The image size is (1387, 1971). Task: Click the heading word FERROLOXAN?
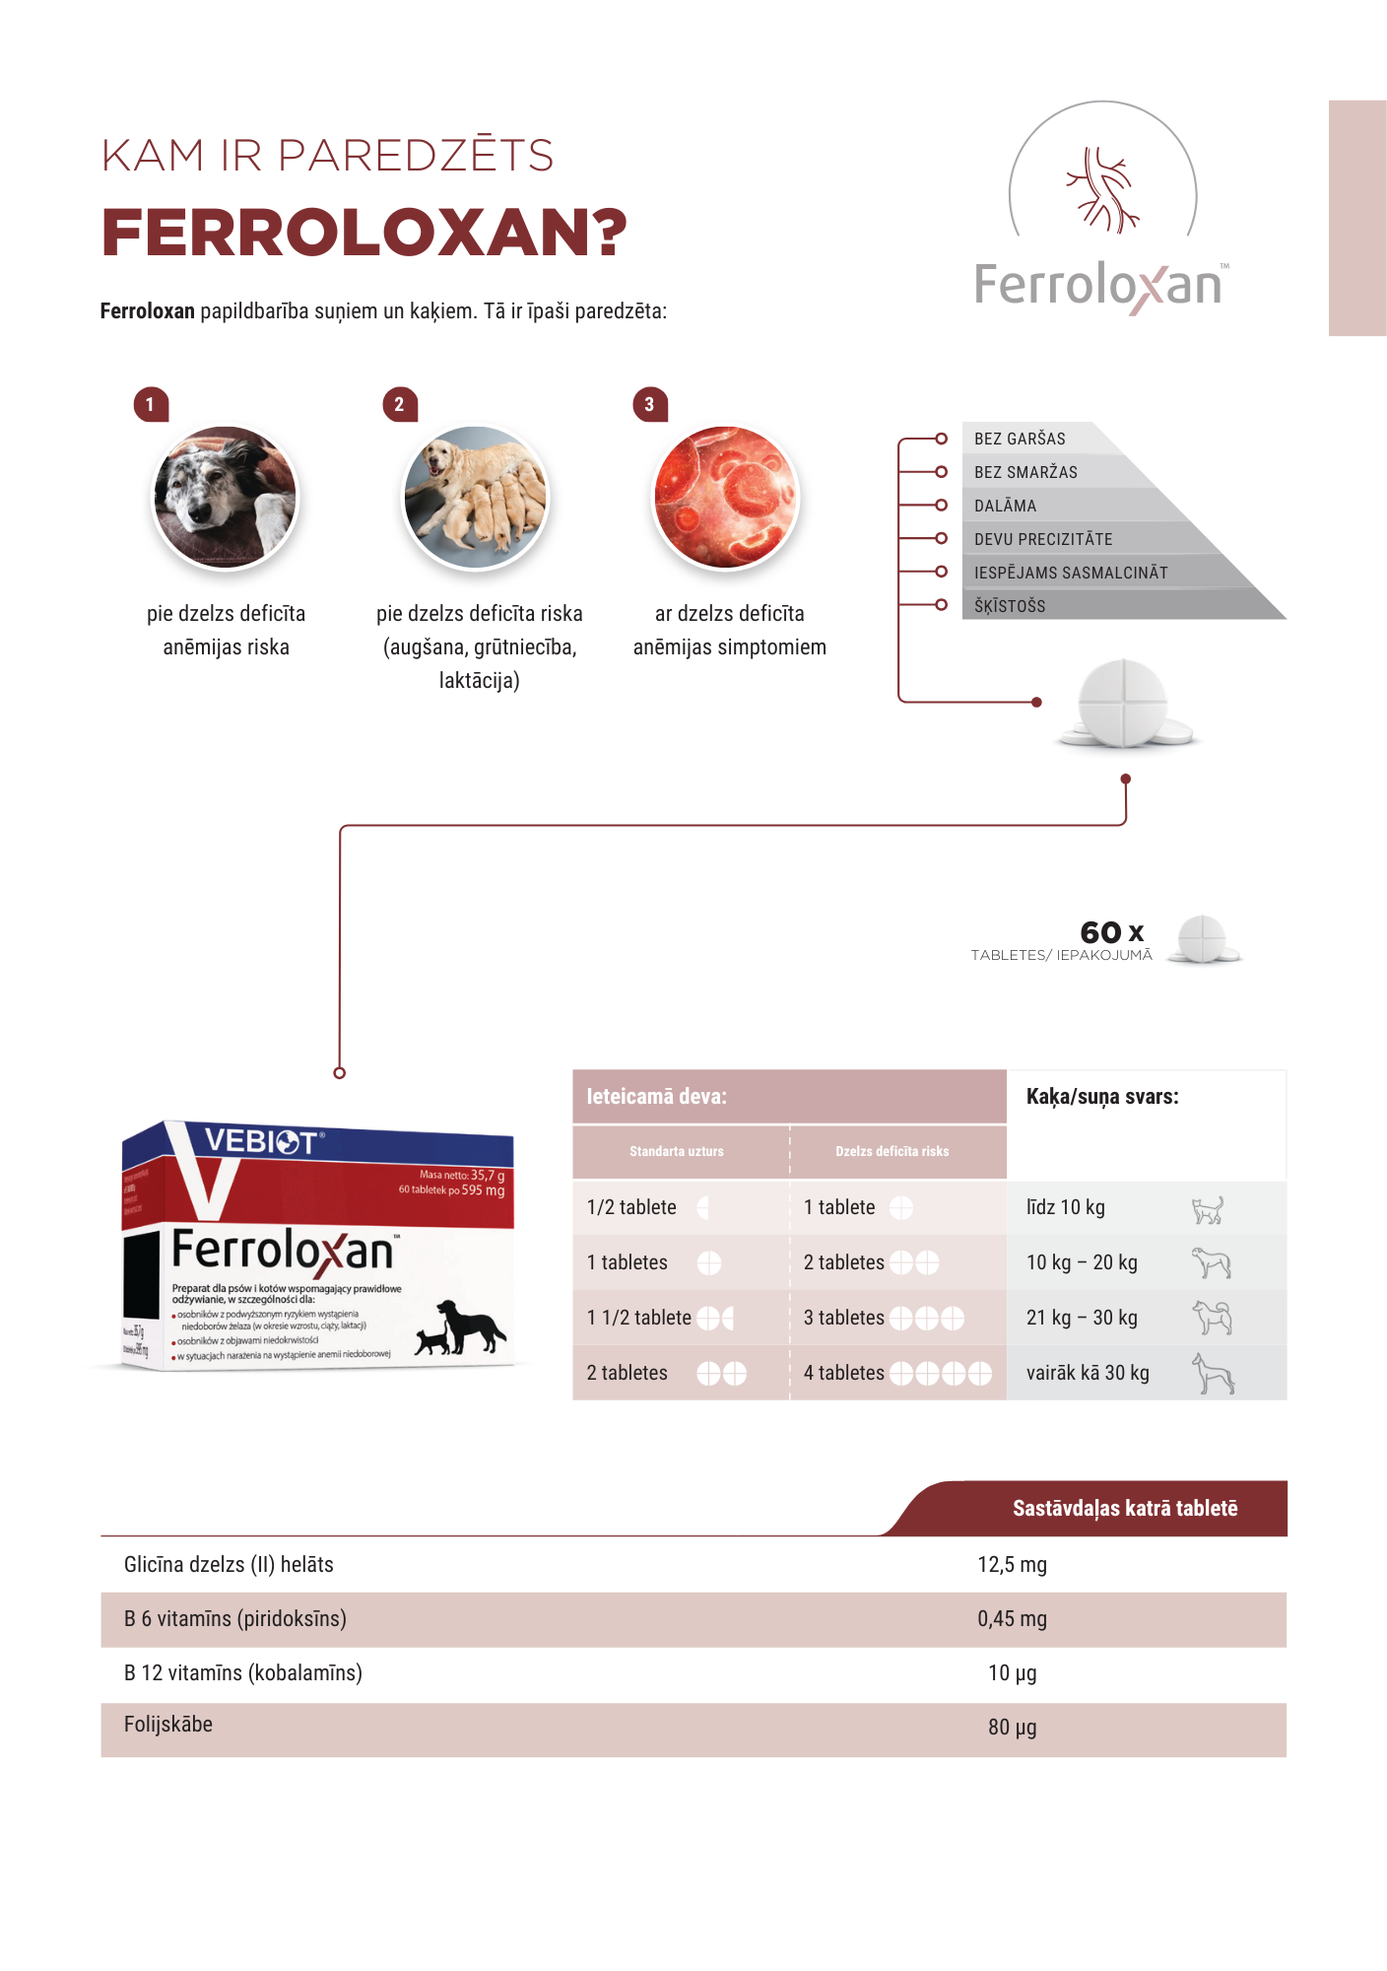(363, 234)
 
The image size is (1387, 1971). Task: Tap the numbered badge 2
(399, 404)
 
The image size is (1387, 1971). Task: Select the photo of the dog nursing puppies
(476, 498)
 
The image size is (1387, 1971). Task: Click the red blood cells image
(726, 498)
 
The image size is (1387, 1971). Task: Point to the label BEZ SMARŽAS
(1025, 472)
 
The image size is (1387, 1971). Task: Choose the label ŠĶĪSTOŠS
(1010, 606)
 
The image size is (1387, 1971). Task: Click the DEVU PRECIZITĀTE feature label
(1043, 539)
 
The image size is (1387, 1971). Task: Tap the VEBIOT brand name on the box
(261, 1141)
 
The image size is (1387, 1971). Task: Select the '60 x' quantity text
(1111, 932)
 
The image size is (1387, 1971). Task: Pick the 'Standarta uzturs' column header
(677, 1151)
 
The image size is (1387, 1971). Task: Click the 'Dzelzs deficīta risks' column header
(892, 1151)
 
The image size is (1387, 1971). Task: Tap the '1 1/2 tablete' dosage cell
(640, 1318)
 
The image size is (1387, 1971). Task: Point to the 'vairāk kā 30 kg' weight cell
(1088, 1373)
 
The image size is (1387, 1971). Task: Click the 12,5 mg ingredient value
(1012, 1565)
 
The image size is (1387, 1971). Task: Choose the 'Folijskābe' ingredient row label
(168, 1725)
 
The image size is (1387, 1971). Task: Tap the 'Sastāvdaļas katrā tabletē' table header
(1125, 1509)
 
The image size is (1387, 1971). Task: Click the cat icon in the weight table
(1208, 1209)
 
